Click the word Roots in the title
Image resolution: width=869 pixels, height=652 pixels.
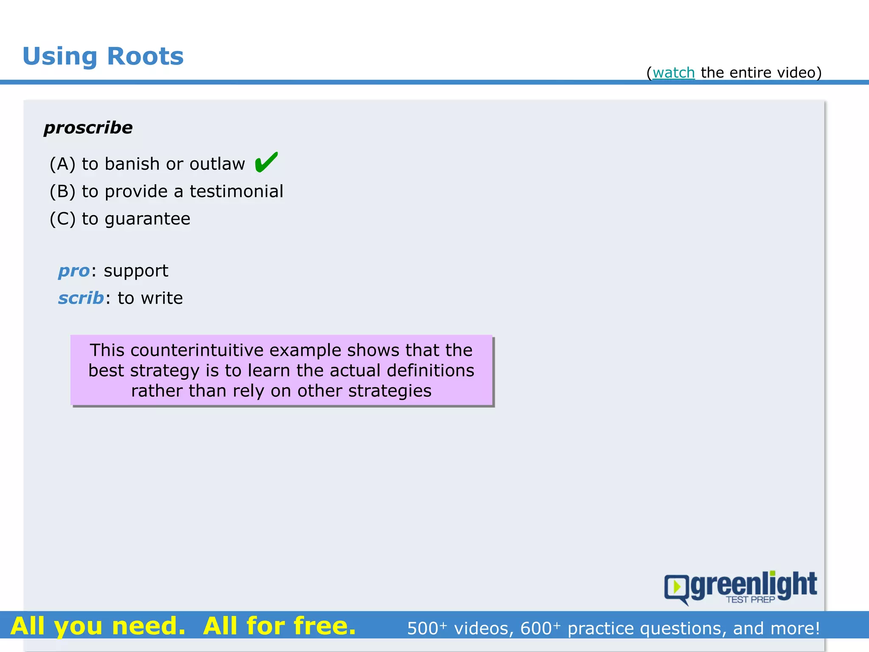pyautogui.click(x=145, y=56)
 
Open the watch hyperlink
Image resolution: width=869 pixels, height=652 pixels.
pyautogui.click(x=673, y=73)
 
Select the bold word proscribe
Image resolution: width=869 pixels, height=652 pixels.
pyautogui.click(x=88, y=128)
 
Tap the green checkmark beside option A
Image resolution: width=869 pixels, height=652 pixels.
pyautogui.click(x=266, y=163)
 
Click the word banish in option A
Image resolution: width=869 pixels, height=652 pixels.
pyautogui.click(x=132, y=164)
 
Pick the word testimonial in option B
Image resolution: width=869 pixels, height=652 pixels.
pyautogui.click(x=236, y=191)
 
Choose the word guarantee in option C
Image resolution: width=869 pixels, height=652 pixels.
pyautogui.click(x=147, y=219)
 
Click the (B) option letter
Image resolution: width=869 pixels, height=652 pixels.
pyautogui.click(x=62, y=191)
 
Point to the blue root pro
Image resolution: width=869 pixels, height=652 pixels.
pyautogui.click(x=74, y=271)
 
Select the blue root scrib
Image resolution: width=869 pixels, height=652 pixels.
pyautogui.click(x=81, y=298)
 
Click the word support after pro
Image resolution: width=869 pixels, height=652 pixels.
pyautogui.click(x=136, y=271)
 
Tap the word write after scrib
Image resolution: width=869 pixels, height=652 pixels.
pyautogui.click(x=162, y=298)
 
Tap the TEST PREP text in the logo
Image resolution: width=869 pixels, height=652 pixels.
pyautogui.click(x=750, y=599)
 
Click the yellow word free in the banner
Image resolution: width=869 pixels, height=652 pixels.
pyautogui.click(x=324, y=626)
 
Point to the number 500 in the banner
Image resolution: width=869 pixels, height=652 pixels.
pyautogui.click(x=423, y=629)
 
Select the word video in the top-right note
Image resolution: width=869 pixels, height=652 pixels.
pyautogui.click(x=796, y=73)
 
